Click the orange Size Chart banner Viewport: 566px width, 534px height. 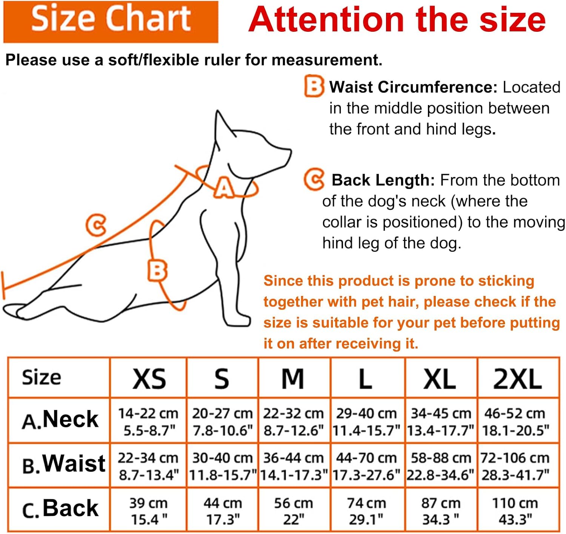point(111,22)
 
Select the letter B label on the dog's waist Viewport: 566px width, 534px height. point(157,271)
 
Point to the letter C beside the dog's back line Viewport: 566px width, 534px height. point(96,225)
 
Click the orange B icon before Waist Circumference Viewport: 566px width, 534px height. point(314,86)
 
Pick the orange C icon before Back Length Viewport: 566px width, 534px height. point(314,180)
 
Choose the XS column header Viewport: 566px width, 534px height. point(149,379)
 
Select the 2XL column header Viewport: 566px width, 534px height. point(517,379)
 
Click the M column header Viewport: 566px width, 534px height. point(293,379)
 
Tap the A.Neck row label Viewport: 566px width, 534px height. point(60,420)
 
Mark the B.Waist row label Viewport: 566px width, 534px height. point(63,464)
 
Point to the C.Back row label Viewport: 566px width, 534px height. point(60,509)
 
